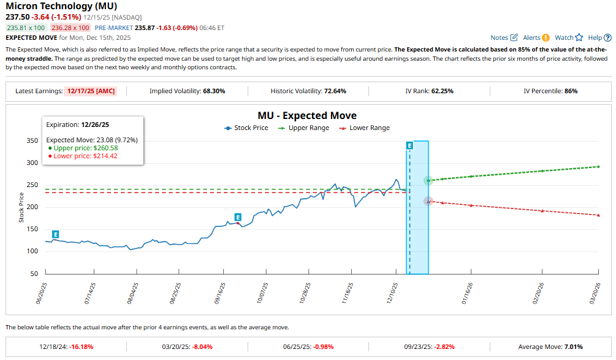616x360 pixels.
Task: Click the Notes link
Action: [x=504, y=37]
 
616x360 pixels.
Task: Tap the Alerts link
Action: [x=536, y=37]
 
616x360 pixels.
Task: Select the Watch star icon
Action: [x=579, y=37]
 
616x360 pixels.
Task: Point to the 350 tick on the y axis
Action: [x=32, y=140]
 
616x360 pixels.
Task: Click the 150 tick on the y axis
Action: [x=32, y=229]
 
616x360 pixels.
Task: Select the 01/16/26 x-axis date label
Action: [x=470, y=294]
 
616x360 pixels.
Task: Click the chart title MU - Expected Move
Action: [x=307, y=115]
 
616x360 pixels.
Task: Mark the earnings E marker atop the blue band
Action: [x=409, y=145]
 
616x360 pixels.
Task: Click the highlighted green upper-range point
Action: [x=428, y=180]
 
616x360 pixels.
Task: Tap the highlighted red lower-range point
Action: [x=428, y=201]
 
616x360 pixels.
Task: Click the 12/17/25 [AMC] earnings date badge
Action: [x=94, y=91]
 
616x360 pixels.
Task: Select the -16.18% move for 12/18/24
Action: [x=82, y=347]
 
